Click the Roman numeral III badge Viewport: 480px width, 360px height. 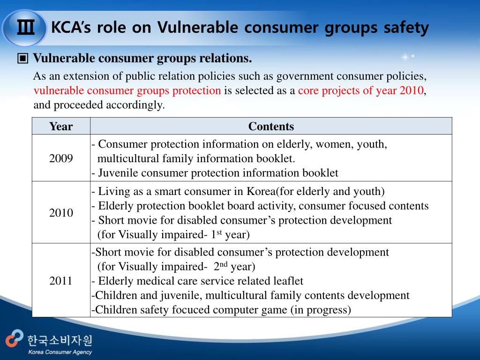(x=25, y=28)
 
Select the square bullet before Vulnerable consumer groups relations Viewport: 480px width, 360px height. (x=23, y=59)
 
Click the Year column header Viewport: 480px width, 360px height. (x=61, y=126)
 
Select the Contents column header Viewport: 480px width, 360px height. (x=271, y=126)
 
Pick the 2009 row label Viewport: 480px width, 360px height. (x=61, y=158)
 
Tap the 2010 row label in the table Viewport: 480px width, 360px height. (x=61, y=213)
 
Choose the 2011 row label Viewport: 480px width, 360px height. (x=61, y=281)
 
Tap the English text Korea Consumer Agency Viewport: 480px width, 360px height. (x=60, y=352)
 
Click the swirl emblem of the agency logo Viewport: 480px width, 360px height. (x=14, y=339)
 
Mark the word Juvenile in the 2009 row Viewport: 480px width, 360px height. (x=118, y=173)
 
